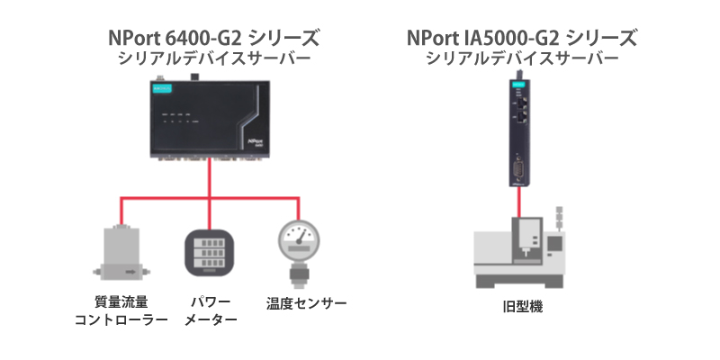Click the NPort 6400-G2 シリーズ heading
click(x=213, y=39)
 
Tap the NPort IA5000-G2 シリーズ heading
click(x=522, y=39)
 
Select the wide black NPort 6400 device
click(x=210, y=120)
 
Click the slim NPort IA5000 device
click(x=519, y=130)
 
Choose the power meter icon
click(x=210, y=253)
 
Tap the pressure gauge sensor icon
click(x=299, y=254)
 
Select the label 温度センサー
click(x=306, y=303)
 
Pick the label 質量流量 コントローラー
click(x=121, y=310)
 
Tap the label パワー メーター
click(x=211, y=310)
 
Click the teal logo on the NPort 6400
click(x=164, y=88)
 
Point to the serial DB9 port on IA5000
click(x=519, y=170)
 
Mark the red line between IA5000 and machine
click(x=519, y=202)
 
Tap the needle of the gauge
click(x=301, y=237)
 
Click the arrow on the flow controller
click(x=130, y=273)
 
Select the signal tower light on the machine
click(x=559, y=218)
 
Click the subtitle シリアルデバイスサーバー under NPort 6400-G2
click(x=214, y=58)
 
